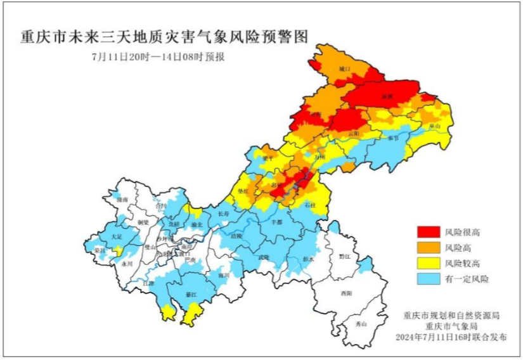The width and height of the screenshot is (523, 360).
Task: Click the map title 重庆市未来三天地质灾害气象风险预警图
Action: [164, 36]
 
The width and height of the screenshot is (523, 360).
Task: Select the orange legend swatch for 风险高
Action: [428, 247]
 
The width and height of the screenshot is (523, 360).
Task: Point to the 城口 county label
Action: [344, 68]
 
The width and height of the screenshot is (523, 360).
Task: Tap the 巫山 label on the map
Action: [434, 127]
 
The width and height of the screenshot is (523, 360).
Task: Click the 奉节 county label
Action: [394, 138]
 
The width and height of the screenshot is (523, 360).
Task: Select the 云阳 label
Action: [354, 134]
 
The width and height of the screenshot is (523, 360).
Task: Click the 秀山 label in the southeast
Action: [361, 324]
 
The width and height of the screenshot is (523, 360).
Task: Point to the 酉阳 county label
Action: [345, 293]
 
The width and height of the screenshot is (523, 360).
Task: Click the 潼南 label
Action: [122, 200]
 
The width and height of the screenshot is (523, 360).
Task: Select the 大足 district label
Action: [115, 236]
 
